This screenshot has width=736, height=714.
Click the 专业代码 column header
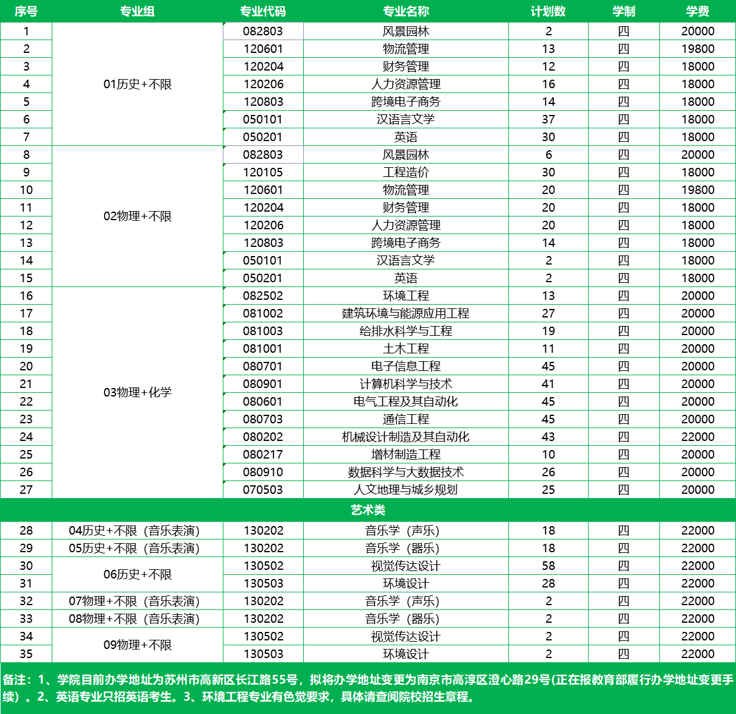click(x=263, y=12)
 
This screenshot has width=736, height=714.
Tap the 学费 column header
click(x=698, y=12)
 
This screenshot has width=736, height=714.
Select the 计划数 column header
click(x=548, y=12)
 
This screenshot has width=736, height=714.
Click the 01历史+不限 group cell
click(x=138, y=85)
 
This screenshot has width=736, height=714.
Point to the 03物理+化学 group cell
click(x=138, y=392)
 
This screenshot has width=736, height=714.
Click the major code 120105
click(x=263, y=172)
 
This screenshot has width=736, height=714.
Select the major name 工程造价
click(x=405, y=172)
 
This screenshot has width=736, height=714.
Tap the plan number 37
click(x=548, y=119)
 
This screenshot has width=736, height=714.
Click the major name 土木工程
click(x=405, y=348)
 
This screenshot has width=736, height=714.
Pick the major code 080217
click(x=263, y=454)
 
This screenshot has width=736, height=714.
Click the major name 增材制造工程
click(x=405, y=454)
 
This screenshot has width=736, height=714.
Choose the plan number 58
click(x=548, y=566)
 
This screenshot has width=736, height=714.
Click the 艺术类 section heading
click(x=368, y=510)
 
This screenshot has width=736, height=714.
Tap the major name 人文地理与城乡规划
click(x=405, y=490)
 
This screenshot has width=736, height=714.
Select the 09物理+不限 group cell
click(x=138, y=645)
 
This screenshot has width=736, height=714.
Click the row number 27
click(x=26, y=490)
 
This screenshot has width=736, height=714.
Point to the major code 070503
click(x=263, y=490)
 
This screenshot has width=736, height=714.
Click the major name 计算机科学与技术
click(x=405, y=384)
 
